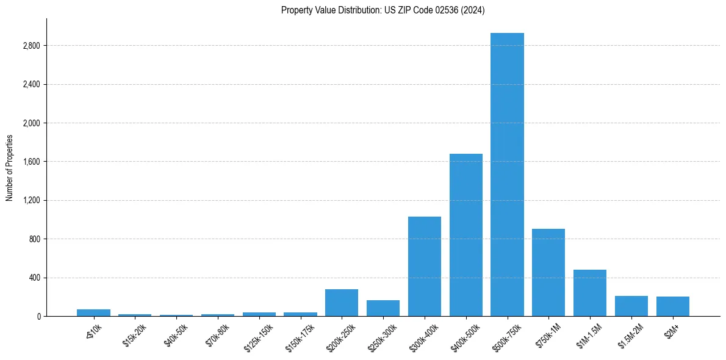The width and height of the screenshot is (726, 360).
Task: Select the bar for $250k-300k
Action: coord(383,308)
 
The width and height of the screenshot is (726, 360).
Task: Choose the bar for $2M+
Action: coord(673,306)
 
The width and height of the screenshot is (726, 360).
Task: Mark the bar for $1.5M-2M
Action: coord(631,306)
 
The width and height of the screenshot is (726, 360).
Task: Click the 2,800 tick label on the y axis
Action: coord(31,46)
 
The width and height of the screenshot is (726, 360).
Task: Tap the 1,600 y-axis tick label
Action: coord(31,162)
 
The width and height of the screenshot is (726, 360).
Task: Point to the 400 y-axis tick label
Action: coord(35,278)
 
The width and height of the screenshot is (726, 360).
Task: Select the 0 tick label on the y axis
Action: coord(38,316)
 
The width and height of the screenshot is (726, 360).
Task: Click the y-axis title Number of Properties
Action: coord(10,167)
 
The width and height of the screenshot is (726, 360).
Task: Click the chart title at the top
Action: coord(383,10)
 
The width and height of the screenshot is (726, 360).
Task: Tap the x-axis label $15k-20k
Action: coord(134,336)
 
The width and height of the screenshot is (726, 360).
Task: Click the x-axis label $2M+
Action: coord(672,332)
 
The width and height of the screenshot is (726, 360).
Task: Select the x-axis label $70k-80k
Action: coord(217,336)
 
